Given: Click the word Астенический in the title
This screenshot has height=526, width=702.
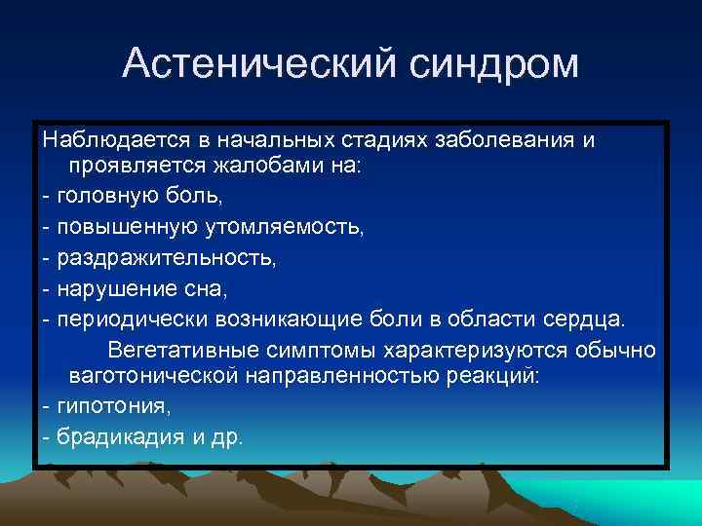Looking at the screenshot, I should (x=254, y=64).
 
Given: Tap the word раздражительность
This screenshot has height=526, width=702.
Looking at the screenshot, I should (x=167, y=258).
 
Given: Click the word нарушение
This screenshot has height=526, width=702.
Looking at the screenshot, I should (x=108, y=288).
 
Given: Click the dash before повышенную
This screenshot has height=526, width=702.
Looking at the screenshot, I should (x=47, y=227).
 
